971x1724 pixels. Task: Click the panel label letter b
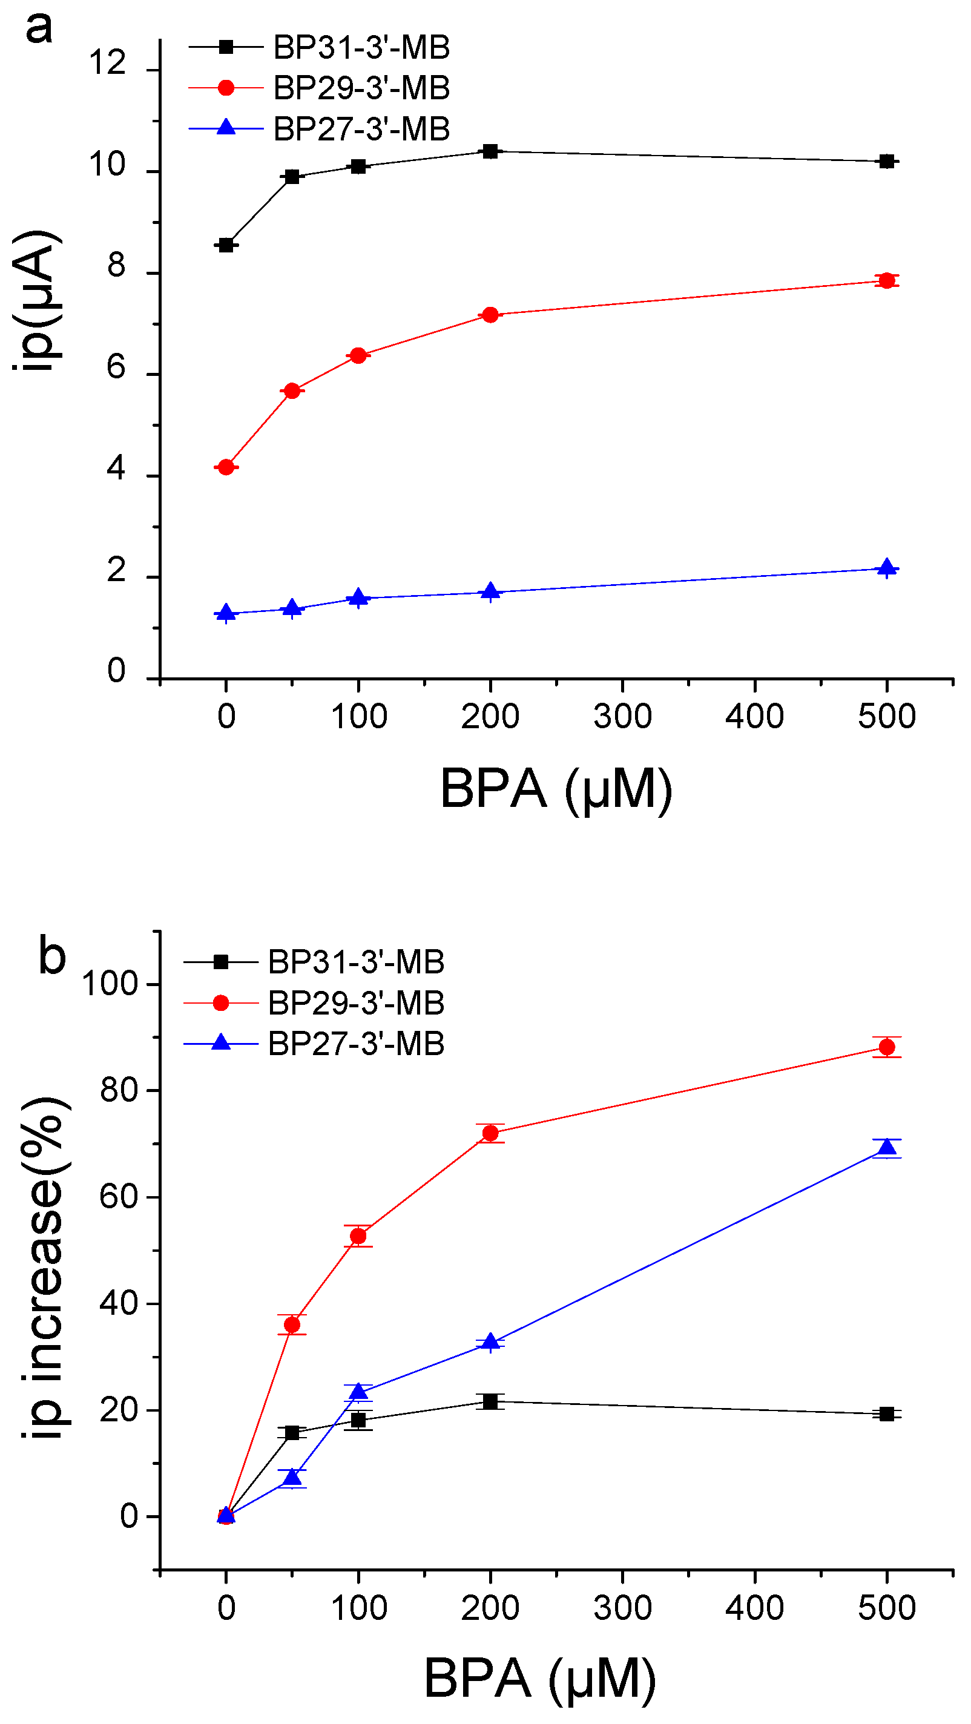click(x=52, y=955)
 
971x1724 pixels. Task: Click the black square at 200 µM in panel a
click(x=490, y=151)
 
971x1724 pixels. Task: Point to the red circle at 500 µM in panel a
click(x=887, y=280)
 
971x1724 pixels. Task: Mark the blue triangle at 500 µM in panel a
click(x=887, y=568)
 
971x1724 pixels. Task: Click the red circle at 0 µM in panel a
click(x=226, y=467)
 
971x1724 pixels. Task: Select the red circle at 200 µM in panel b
click(x=490, y=1133)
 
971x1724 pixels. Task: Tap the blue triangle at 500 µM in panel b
click(x=887, y=1148)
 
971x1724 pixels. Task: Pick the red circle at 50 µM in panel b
click(x=292, y=1324)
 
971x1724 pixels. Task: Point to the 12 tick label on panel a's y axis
click(x=107, y=64)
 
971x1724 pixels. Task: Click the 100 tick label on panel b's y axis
click(x=109, y=984)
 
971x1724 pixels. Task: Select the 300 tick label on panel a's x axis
click(x=622, y=717)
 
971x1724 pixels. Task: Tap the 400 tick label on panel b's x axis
click(x=754, y=1608)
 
